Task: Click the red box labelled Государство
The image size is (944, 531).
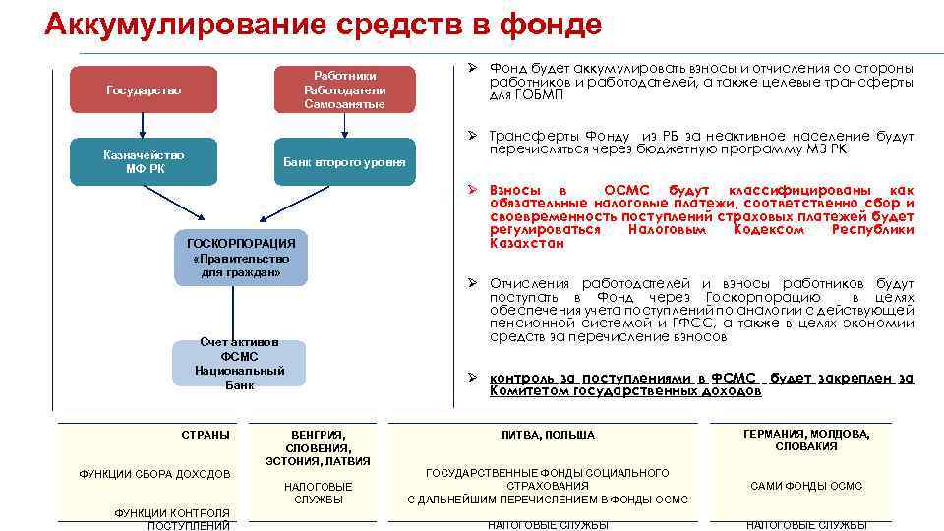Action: click(x=144, y=89)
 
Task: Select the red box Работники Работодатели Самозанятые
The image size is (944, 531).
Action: click(x=344, y=89)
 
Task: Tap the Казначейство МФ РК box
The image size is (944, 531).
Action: click(x=144, y=161)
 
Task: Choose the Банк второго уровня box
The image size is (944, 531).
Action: click(x=344, y=161)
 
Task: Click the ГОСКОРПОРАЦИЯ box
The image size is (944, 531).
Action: click(x=241, y=257)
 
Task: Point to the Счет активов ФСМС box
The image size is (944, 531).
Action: click(x=239, y=363)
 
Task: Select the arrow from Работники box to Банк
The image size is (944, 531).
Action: click(x=344, y=125)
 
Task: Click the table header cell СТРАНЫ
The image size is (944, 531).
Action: click(x=206, y=434)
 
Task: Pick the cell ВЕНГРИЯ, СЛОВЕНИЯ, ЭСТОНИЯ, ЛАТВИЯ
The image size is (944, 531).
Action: click(x=318, y=447)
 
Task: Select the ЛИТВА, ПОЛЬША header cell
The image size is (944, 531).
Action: click(x=548, y=435)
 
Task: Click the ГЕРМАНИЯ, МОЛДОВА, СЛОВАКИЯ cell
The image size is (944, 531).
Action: click(x=806, y=440)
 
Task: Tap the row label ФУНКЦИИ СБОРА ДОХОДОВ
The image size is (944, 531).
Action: click(x=154, y=474)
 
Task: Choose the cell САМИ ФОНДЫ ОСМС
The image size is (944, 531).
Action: click(x=806, y=486)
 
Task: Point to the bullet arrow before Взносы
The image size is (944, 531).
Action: click(x=472, y=189)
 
